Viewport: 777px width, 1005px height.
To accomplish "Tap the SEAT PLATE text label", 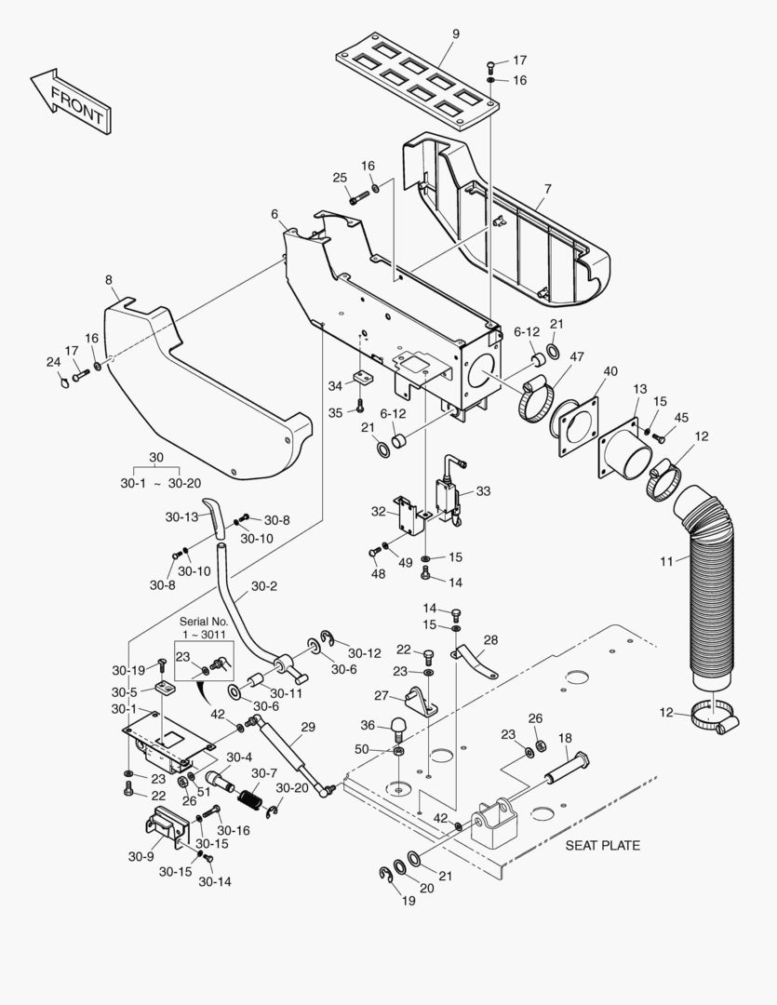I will (x=603, y=846).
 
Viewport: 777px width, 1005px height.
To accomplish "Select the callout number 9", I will (x=456, y=34).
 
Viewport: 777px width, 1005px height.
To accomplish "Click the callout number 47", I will (x=576, y=356).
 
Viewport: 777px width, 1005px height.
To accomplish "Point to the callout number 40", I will (x=610, y=371).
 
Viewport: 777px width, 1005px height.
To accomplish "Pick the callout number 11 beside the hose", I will (x=667, y=560).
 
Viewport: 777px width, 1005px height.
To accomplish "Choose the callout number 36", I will (x=368, y=726).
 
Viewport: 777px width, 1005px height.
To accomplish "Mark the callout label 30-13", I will (x=182, y=516).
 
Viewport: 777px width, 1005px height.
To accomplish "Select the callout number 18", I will (x=565, y=738).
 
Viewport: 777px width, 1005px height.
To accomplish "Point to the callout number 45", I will (x=681, y=417).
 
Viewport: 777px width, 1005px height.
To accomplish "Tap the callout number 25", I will (x=340, y=178).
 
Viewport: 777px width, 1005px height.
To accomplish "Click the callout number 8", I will (x=109, y=279).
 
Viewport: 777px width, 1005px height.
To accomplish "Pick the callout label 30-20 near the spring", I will (x=291, y=788).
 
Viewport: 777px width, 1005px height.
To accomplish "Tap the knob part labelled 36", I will (x=398, y=724).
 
